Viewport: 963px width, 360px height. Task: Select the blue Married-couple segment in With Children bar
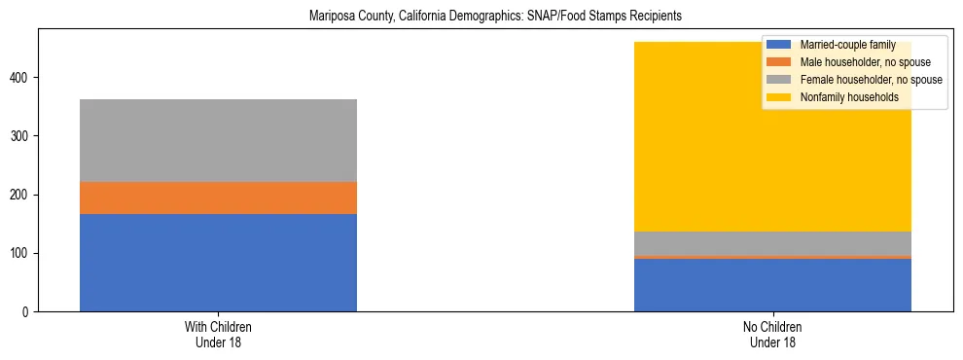pyautogui.click(x=218, y=263)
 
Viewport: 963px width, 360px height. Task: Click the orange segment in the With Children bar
pyautogui.click(x=218, y=198)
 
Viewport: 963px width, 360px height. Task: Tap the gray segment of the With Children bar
pyautogui.click(x=218, y=140)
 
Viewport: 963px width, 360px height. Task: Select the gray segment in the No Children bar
pyautogui.click(x=772, y=243)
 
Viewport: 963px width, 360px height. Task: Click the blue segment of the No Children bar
pyautogui.click(x=772, y=285)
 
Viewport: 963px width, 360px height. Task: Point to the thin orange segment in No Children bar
pyautogui.click(x=772, y=257)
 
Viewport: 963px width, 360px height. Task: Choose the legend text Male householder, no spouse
pyautogui.click(x=859, y=62)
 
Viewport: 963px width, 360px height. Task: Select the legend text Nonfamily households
pyautogui.click(x=844, y=97)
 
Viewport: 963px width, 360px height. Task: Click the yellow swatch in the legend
pyautogui.click(x=779, y=97)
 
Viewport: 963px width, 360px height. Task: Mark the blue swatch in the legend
pyautogui.click(x=779, y=45)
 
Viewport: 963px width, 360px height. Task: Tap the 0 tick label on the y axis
pyautogui.click(x=29, y=311)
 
